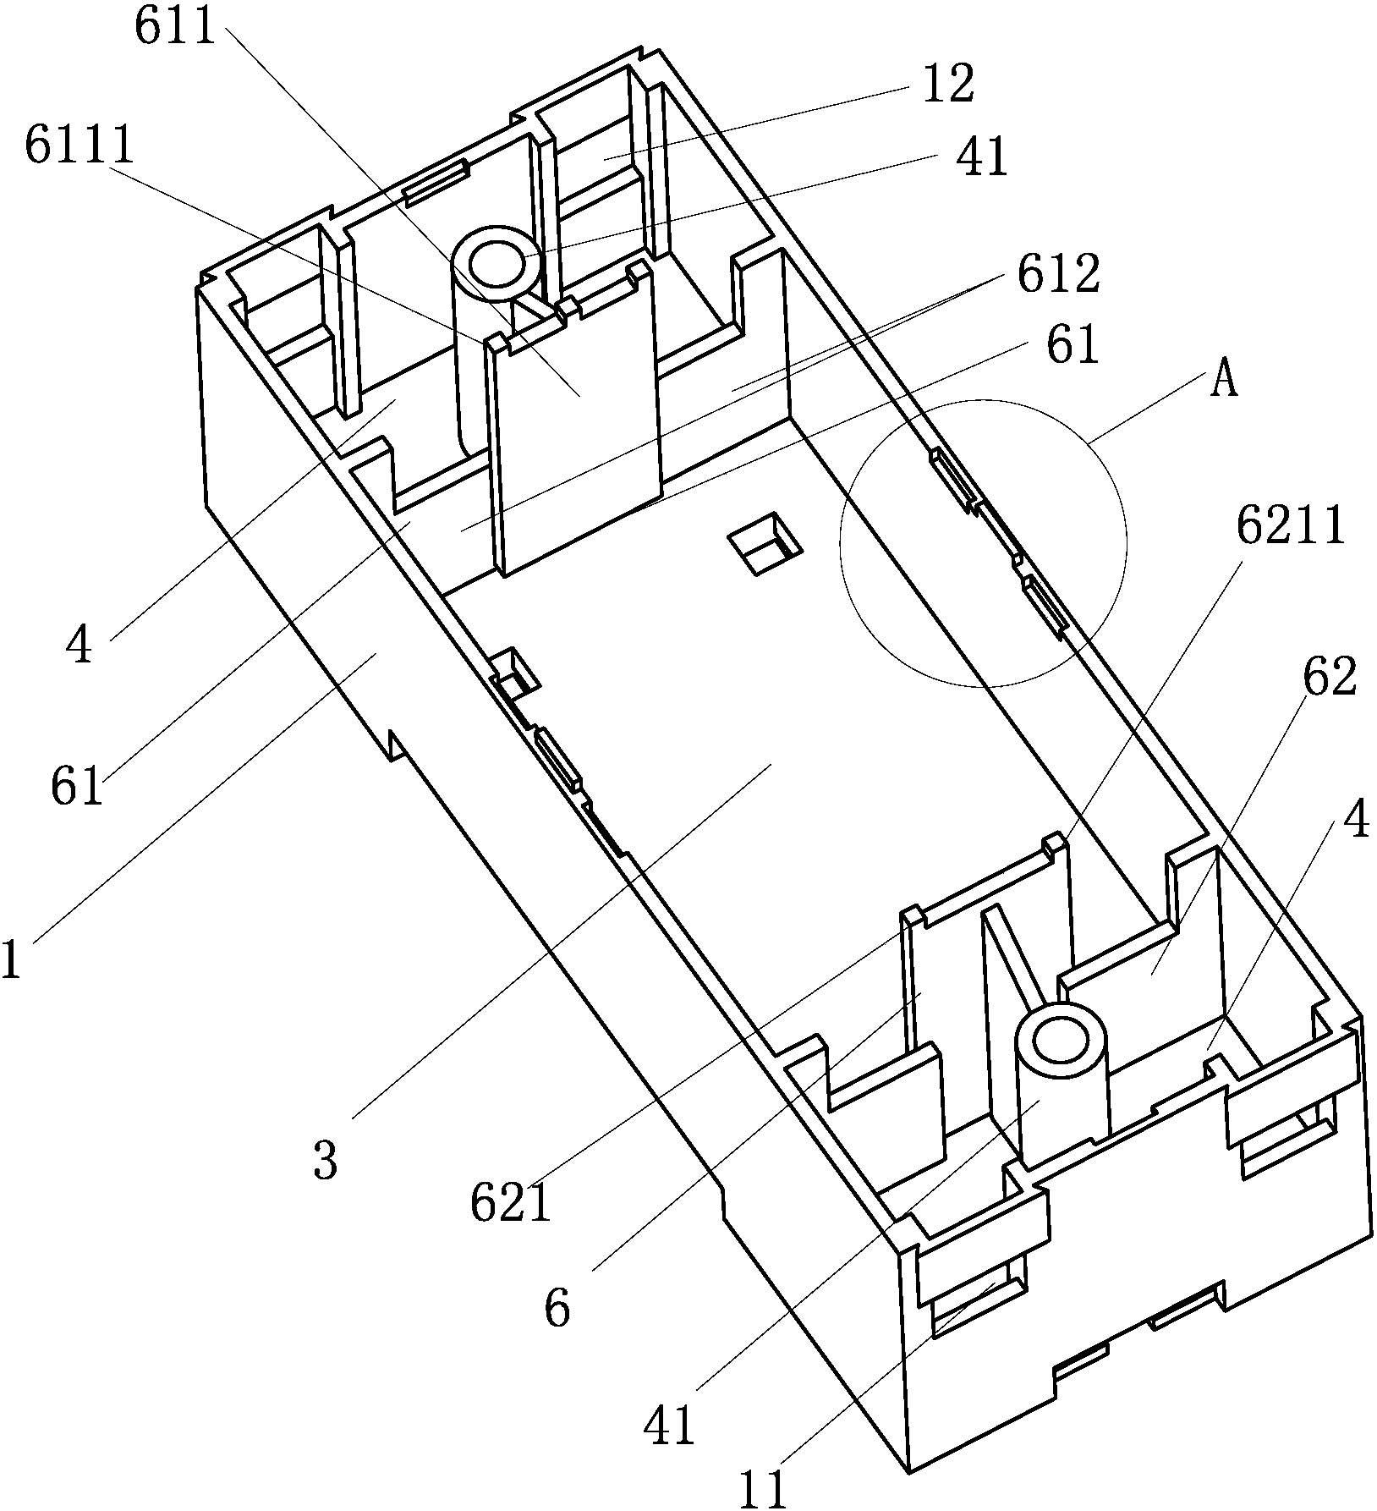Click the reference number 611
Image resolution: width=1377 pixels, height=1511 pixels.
pyautogui.click(x=176, y=27)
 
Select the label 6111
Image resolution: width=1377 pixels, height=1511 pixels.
pyautogui.click(x=80, y=146)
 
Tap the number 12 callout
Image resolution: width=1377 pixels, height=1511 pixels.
pyautogui.click(x=948, y=84)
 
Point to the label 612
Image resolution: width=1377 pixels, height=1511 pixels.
pyautogui.click(x=1059, y=273)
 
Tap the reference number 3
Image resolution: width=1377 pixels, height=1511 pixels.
pyautogui.click(x=325, y=1161)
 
